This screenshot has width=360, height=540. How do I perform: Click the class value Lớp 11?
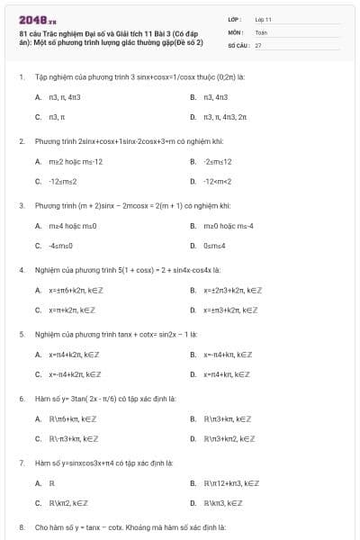[x=263, y=18]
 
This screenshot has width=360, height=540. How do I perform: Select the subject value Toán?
[x=261, y=31]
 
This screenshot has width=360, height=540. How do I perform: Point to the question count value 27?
[x=258, y=44]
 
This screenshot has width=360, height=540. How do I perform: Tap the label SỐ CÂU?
[x=238, y=44]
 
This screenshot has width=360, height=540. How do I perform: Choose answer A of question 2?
[x=68, y=161]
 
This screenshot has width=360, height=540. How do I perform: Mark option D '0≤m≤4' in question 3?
[x=211, y=246]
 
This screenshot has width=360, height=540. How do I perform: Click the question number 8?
[x=21, y=526]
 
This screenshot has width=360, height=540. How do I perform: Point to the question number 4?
[x=21, y=269]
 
